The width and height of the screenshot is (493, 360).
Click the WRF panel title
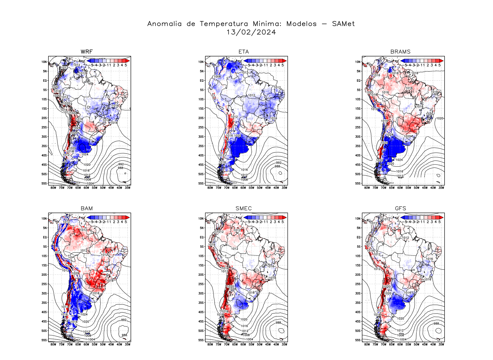pyautogui.click(x=87, y=52)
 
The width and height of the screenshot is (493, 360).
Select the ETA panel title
pyautogui.click(x=243, y=52)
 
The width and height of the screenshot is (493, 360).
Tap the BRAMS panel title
pyautogui.click(x=400, y=52)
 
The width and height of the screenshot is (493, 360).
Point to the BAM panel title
pyautogui.click(x=87, y=208)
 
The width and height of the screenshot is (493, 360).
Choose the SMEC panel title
pyautogui.click(x=243, y=208)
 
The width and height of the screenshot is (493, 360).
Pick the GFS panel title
pyautogui.click(x=400, y=208)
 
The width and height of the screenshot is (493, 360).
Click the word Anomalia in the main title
pyautogui.click(x=164, y=24)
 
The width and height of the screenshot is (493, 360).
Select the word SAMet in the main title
pyautogui.click(x=343, y=24)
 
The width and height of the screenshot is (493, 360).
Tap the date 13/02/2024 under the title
pyautogui.click(x=251, y=32)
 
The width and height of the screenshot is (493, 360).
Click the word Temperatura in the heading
pyautogui.click(x=224, y=24)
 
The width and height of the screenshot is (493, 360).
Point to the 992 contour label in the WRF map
pyautogui.click(x=121, y=164)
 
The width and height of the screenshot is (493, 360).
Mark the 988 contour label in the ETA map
pyautogui.click(x=277, y=166)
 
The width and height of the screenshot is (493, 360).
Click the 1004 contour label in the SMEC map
pyautogui.click(x=250, y=339)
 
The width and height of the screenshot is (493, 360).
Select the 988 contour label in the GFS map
pyautogui.click(x=436, y=323)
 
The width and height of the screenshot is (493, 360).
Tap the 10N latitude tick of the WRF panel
pyautogui.click(x=44, y=62)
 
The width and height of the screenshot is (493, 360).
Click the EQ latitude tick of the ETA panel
pyautogui.click(x=202, y=80)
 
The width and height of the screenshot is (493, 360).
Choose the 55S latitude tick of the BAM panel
pyautogui.click(x=44, y=340)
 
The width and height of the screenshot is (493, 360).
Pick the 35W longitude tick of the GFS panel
pyautogui.click(x=441, y=344)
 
